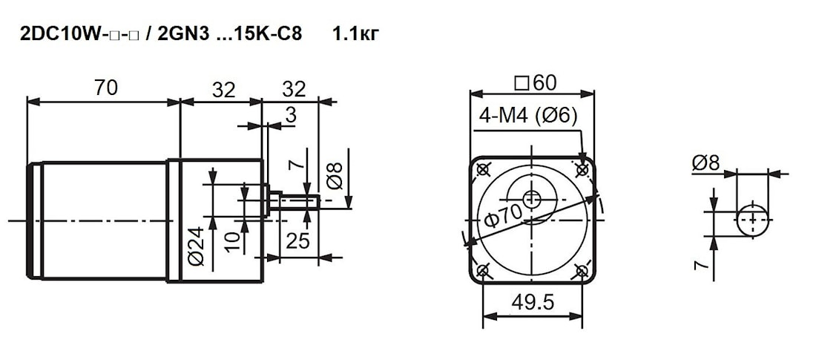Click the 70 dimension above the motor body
[106, 88]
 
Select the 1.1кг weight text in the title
[356, 34]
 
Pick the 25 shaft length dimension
[297, 240]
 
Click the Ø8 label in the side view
[337, 174]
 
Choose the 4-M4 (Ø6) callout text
[527, 117]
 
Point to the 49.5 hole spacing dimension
[533, 301]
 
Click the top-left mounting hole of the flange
[483, 169]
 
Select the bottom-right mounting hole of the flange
[582, 271]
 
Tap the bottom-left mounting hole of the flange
[483, 271]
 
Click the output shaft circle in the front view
[533, 198]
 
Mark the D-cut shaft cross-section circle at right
[753, 219]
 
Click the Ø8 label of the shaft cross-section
[705, 164]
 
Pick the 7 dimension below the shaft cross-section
[702, 266]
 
